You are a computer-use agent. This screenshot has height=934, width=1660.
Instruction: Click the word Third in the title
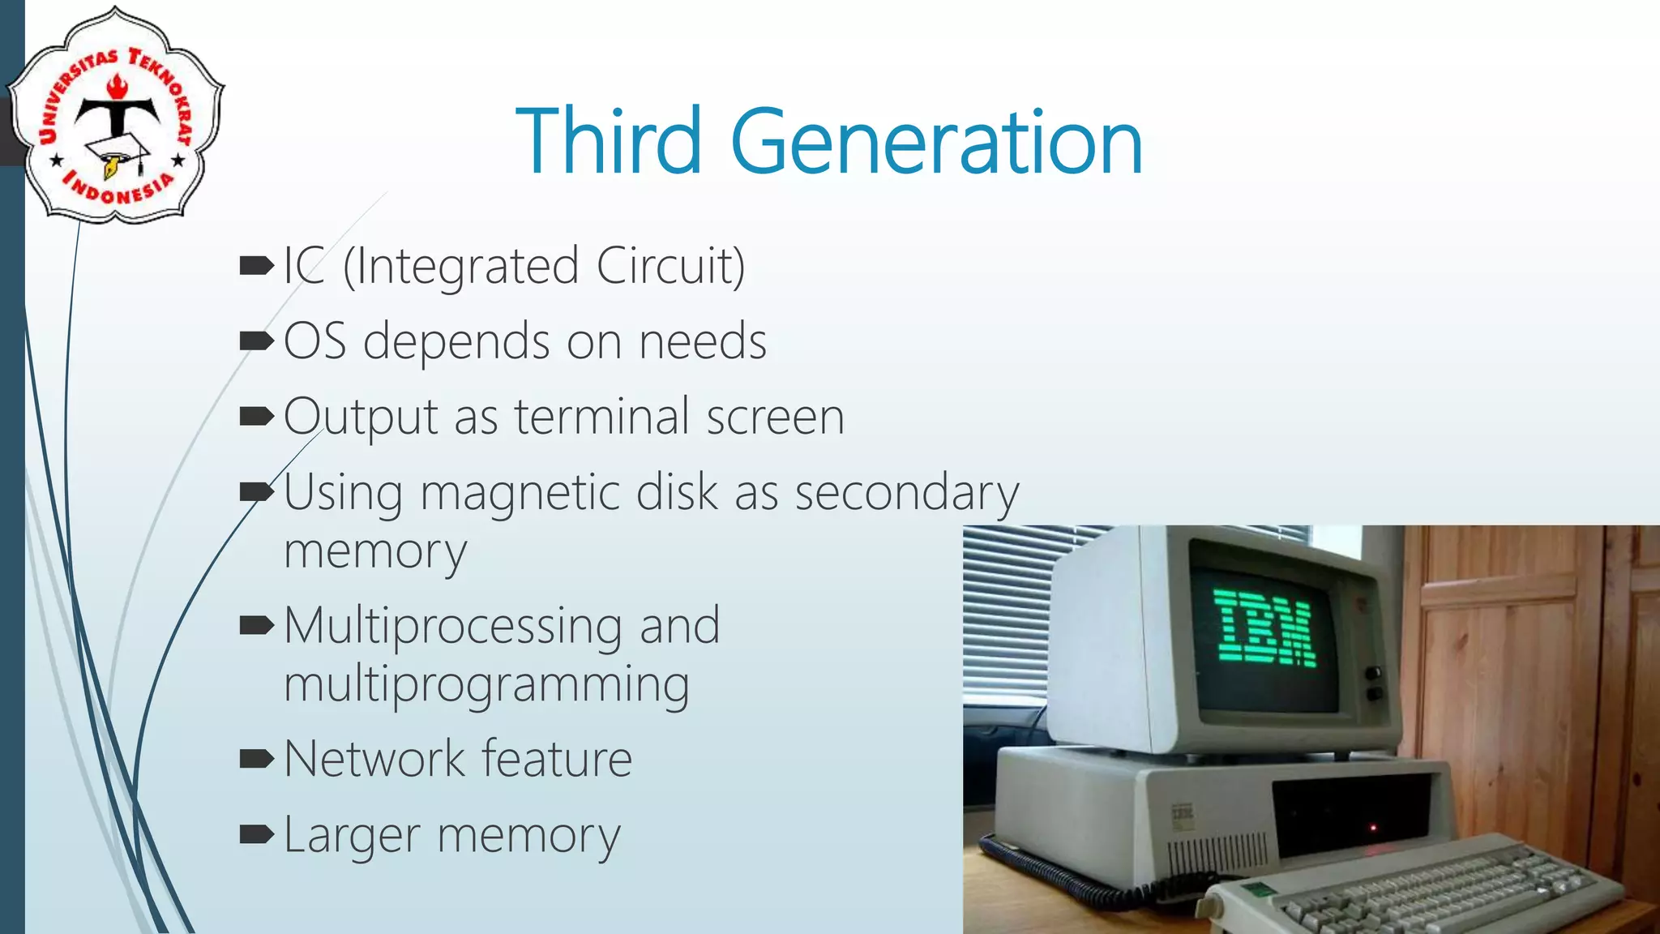click(608, 142)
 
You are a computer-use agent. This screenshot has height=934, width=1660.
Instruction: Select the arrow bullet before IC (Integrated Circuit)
click(257, 265)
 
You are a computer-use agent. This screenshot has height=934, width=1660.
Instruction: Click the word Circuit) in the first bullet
click(670, 266)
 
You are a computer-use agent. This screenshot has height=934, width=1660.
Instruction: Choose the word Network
click(374, 760)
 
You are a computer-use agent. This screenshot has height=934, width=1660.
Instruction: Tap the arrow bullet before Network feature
click(257, 760)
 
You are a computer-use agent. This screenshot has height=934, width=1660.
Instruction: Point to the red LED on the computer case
click(1373, 828)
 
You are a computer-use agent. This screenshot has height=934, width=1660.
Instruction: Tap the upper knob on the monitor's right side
click(1373, 674)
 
